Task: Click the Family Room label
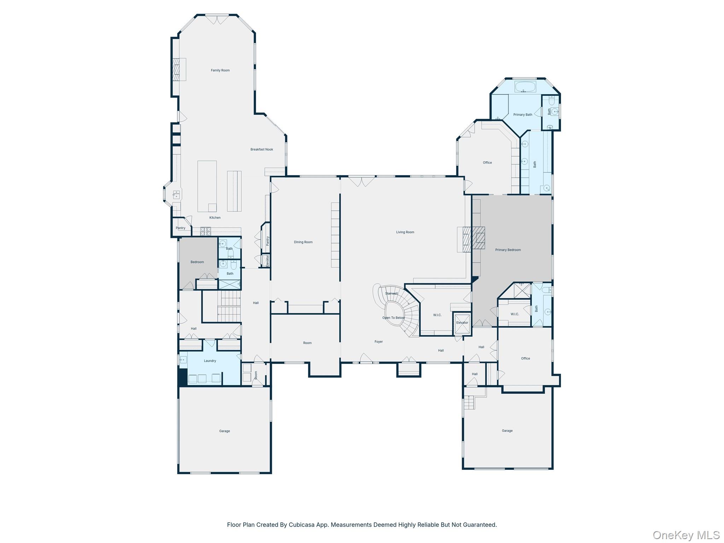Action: click(x=220, y=70)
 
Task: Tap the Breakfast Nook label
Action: click(x=262, y=150)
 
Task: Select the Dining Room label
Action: click(x=303, y=242)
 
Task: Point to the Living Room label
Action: click(x=405, y=232)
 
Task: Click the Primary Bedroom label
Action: click(x=508, y=250)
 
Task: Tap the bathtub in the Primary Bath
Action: click(x=525, y=86)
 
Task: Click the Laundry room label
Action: click(x=210, y=361)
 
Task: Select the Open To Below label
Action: click(x=393, y=318)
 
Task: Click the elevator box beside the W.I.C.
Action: click(x=462, y=323)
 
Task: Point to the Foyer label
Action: click(x=379, y=342)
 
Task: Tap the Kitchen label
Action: click(x=215, y=218)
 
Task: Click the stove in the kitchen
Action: click(x=205, y=231)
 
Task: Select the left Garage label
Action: click(x=224, y=431)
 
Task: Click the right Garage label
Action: click(x=507, y=431)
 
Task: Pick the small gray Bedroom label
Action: click(x=197, y=262)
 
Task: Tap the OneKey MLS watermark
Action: click(x=686, y=535)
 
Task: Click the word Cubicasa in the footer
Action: click(x=302, y=525)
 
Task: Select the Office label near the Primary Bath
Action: click(x=487, y=163)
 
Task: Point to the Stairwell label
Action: click(x=391, y=293)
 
